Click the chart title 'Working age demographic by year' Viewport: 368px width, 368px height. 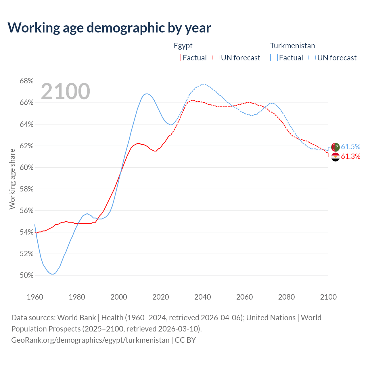pyautogui.click(x=109, y=28)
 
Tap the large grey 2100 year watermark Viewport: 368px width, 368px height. pyautogui.click(x=66, y=91)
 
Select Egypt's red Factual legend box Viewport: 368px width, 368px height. pyautogui.click(x=177, y=58)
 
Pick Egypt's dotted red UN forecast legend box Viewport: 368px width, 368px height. pyautogui.click(x=216, y=58)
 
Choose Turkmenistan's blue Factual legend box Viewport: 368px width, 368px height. pyautogui.click(x=274, y=58)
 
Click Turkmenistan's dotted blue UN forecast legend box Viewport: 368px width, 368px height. pyautogui.click(x=312, y=58)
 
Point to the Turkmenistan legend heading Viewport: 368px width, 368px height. pyautogui.click(x=292, y=46)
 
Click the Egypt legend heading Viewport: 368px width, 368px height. pyautogui.click(x=183, y=46)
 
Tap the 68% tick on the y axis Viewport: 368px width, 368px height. pyautogui.click(x=26, y=81)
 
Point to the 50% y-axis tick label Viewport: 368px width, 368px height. pyautogui.click(x=26, y=275)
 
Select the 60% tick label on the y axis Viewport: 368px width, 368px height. pyautogui.click(x=26, y=168)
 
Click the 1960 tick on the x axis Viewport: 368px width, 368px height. pyautogui.click(x=35, y=297)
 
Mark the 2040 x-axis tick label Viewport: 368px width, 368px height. pyautogui.click(x=203, y=297)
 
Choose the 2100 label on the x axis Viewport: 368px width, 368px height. pyautogui.click(x=328, y=297)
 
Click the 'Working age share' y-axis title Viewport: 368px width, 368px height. pyautogui.click(x=12, y=179)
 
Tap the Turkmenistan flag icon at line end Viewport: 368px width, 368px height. pyautogui.click(x=336, y=147)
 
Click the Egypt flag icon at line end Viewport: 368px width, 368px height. pyautogui.click(x=336, y=157)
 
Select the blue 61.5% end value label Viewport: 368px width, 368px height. pyautogui.click(x=350, y=147)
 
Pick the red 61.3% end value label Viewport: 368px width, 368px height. pyautogui.click(x=350, y=156)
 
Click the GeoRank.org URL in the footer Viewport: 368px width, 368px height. pyautogui.click(x=90, y=340)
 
